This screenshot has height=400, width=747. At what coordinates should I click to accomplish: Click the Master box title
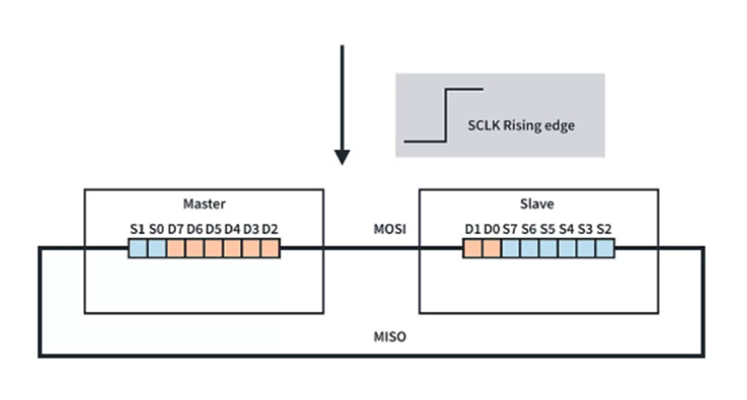[203, 205]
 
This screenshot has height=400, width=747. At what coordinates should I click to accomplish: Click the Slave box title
[538, 205]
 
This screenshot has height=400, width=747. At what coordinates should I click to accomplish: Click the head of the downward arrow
[342, 156]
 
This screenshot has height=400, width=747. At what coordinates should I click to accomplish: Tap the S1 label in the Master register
[137, 230]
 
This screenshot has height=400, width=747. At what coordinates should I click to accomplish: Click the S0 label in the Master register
[156, 230]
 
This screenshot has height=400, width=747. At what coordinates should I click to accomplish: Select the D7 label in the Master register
[176, 230]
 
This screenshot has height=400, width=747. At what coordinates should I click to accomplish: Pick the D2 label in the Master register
[270, 230]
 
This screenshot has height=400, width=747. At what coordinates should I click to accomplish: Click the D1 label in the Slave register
[472, 230]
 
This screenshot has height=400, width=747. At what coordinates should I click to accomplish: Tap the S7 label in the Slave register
[510, 230]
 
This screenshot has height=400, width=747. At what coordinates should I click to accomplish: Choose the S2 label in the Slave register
[604, 230]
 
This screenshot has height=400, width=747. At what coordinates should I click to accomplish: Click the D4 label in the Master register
[232, 230]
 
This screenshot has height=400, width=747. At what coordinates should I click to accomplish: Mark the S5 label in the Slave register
[547, 230]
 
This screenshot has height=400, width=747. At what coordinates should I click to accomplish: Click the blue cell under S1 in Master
[137, 249]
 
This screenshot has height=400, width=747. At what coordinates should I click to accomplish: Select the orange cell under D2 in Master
[271, 249]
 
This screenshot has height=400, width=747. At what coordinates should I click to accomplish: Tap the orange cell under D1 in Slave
[472, 249]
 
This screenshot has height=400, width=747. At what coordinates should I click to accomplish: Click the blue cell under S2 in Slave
[605, 249]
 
